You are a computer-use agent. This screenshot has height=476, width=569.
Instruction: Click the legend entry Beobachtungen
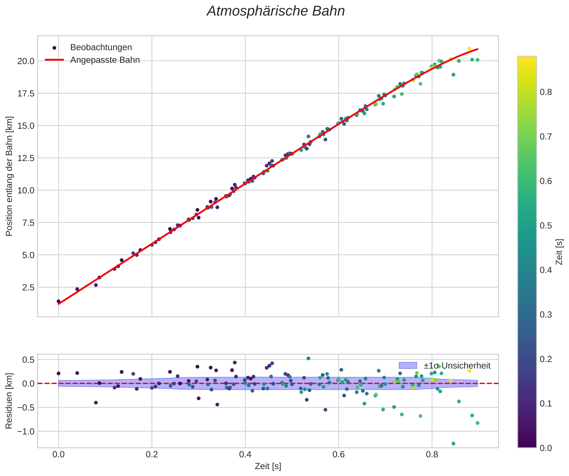click(x=101, y=47)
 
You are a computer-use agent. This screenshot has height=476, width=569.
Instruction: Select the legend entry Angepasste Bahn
click(x=105, y=60)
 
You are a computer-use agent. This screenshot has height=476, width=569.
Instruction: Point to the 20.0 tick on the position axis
click(x=26, y=61)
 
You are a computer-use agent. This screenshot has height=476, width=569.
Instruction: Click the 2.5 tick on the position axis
click(x=28, y=287)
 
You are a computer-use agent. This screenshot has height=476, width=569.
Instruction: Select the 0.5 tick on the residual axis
click(x=28, y=360)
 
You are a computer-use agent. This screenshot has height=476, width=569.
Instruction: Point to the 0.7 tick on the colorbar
click(x=546, y=136)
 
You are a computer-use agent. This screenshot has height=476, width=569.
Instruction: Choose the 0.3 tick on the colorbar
click(x=546, y=315)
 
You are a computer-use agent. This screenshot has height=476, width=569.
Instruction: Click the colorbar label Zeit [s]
click(x=559, y=252)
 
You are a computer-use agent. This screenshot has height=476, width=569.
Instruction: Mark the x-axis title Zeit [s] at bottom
click(x=268, y=466)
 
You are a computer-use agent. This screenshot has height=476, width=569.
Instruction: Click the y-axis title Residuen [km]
click(x=9, y=401)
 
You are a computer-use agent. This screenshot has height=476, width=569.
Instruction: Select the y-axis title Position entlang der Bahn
click(x=9, y=176)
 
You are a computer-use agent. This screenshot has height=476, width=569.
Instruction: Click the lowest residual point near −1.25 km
click(x=453, y=444)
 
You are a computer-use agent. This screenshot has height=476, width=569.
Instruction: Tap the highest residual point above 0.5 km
click(x=308, y=358)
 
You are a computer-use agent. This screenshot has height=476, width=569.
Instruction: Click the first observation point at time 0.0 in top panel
click(x=58, y=301)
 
